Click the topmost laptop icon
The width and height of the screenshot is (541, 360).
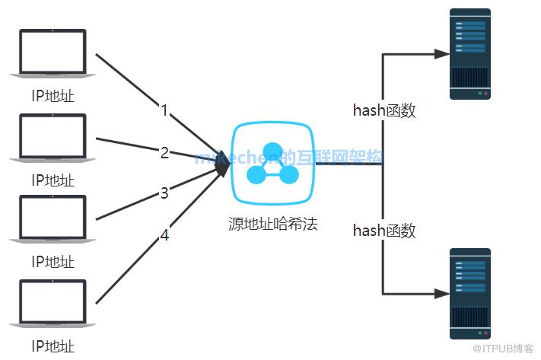click(53, 53)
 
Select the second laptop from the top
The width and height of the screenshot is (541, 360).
click(53, 136)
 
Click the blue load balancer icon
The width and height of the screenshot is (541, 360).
click(272, 164)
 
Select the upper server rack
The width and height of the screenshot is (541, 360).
click(469, 54)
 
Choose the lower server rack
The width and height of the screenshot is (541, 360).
click(469, 294)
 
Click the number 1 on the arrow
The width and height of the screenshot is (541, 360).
click(164, 110)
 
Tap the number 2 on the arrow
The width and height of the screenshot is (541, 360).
click(164, 152)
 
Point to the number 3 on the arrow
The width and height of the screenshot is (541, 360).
click(164, 193)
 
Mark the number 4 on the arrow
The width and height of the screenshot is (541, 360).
click(164, 236)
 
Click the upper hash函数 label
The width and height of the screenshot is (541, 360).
click(384, 110)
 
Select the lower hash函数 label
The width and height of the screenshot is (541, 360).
click(384, 231)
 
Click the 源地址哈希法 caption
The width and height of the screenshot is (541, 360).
click(272, 225)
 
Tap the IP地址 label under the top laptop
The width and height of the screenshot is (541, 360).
click(53, 97)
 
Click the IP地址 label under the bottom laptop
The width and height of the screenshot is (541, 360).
click(53, 346)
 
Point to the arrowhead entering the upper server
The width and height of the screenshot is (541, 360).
click(440, 54)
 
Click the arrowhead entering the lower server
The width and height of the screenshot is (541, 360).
click(440, 293)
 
